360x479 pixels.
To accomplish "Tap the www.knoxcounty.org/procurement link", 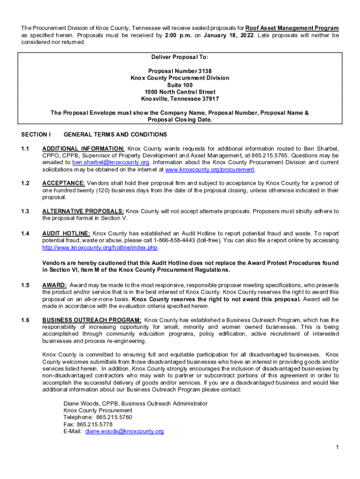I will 210,169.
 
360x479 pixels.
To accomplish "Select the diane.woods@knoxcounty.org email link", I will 124,431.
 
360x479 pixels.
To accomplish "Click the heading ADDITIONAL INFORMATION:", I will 83,148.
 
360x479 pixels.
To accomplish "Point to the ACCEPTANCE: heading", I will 64,183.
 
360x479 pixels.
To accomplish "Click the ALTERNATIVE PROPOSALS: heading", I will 83,211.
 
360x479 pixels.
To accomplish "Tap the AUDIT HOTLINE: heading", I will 65,233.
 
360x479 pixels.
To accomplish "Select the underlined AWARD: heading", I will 55,285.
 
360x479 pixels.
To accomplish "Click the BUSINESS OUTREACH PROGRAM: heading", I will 91,320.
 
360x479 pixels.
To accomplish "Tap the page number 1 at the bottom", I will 337,448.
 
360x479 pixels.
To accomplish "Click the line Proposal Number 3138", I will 180,71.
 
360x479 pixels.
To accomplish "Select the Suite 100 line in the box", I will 180,85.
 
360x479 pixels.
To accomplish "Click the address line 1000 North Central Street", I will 180,92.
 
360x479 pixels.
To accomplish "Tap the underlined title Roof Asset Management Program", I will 292,28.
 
